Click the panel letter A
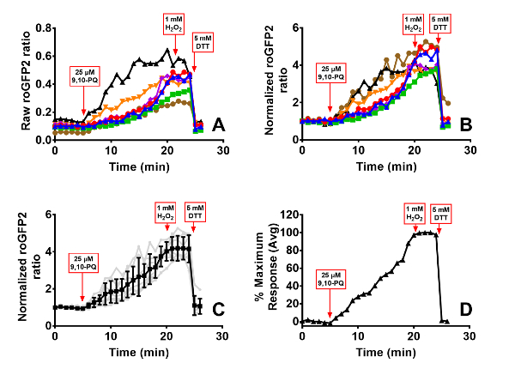219,127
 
